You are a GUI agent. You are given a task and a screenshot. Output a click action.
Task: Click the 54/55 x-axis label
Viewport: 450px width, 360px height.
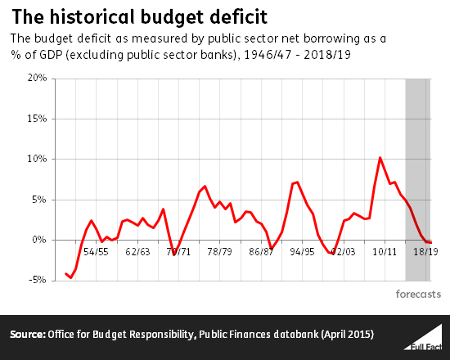(x=96, y=252)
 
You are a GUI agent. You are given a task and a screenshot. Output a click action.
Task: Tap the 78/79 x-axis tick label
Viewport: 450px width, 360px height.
(x=219, y=252)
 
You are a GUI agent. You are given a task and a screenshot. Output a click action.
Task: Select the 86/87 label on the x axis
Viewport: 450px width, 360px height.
(x=260, y=252)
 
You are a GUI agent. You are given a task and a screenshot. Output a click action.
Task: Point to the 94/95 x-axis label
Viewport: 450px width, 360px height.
(x=301, y=252)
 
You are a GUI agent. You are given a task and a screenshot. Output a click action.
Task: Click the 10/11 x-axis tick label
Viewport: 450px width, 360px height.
(x=384, y=252)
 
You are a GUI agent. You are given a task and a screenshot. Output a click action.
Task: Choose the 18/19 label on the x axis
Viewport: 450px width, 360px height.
(x=425, y=252)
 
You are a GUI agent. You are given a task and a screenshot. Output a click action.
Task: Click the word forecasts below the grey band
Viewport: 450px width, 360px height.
(x=418, y=293)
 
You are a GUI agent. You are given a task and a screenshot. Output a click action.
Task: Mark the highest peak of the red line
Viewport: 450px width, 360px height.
(x=380, y=157)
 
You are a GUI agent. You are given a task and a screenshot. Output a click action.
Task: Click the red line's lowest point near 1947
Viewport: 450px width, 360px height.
(x=70, y=278)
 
